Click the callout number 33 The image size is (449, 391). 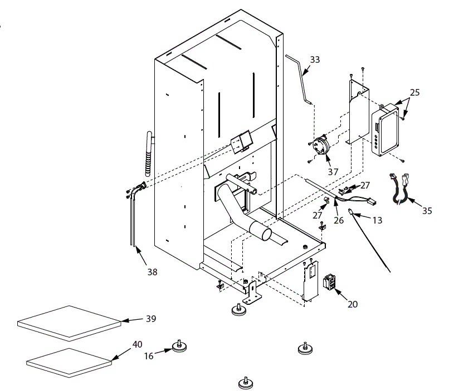pyautogui.click(x=315, y=60)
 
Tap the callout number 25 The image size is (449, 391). pyautogui.click(x=414, y=92)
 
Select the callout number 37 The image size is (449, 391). pyautogui.click(x=333, y=172)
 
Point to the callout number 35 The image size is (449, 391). pyautogui.click(x=427, y=211)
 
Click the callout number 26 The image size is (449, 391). pyautogui.click(x=339, y=220)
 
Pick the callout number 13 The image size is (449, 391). pyautogui.click(x=377, y=220)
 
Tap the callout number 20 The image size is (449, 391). pyautogui.click(x=353, y=304)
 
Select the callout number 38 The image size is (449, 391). pyautogui.click(x=152, y=272)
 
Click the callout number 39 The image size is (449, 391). pyautogui.click(x=151, y=318)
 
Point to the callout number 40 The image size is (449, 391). pyautogui.click(x=137, y=344)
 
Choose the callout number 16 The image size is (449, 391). pyautogui.click(x=149, y=356)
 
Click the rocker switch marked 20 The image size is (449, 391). pyautogui.click(x=329, y=282)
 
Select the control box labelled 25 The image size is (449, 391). pyautogui.click(x=385, y=130)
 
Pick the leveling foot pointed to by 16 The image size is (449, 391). pyautogui.click(x=179, y=347)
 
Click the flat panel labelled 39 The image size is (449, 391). pyautogui.click(x=69, y=323)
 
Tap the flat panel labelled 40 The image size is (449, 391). pyautogui.click(x=69, y=363)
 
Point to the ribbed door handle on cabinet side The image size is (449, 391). pyautogui.click(x=149, y=154)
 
